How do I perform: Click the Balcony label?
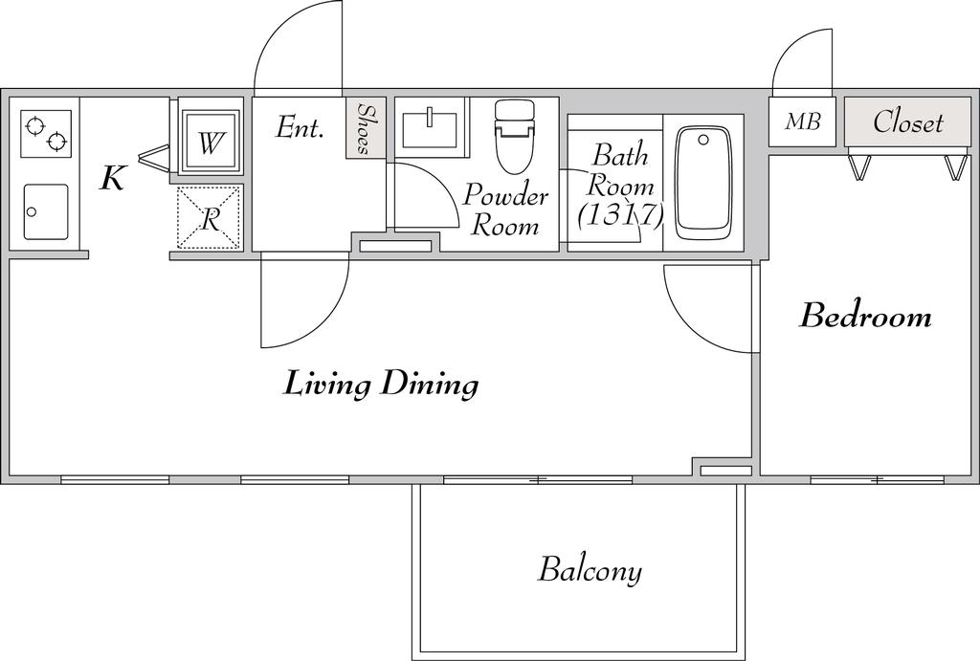pyautogui.click(x=590, y=570)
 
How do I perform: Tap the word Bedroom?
pyautogui.click(x=865, y=316)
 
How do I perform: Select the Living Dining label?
pyautogui.click(x=381, y=384)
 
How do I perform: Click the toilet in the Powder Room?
pyautogui.click(x=515, y=137)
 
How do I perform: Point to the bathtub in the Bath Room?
pyautogui.click(x=703, y=184)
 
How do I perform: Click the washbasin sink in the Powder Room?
pyautogui.click(x=431, y=128)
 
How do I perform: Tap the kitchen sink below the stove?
pyautogui.click(x=46, y=211)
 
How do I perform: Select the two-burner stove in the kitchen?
pyautogui.click(x=46, y=134)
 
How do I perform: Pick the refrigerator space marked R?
pyautogui.click(x=210, y=218)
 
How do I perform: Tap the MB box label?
pyautogui.click(x=803, y=121)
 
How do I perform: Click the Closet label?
pyautogui.click(x=907, y=121)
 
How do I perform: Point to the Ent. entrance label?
pyautogui.click(x=300, y=128)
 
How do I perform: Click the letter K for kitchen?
pyautogui.click(x=114, y=178)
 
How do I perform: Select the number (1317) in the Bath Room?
pyautogui.click(x=619, y=215)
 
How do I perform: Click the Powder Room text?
pyautogui.click(x=505, y=209)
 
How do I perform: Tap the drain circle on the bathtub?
pyautogui.click(x=703, y=140)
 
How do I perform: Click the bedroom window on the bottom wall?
pyautogui.click(x=878, y=480)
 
